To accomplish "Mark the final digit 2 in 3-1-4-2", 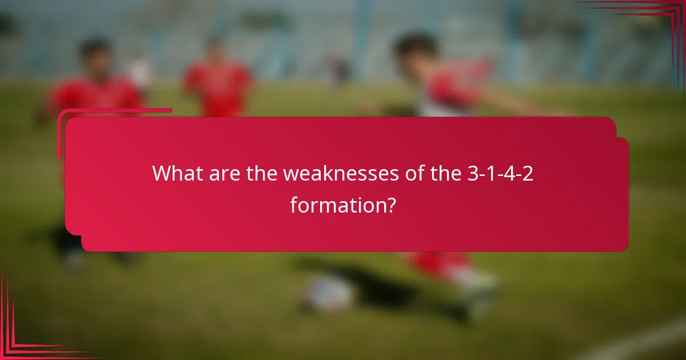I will [528, 174].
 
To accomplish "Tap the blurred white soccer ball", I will [328, 293].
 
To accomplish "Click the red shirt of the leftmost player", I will [94, 94].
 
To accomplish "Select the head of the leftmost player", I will [94, 54].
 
